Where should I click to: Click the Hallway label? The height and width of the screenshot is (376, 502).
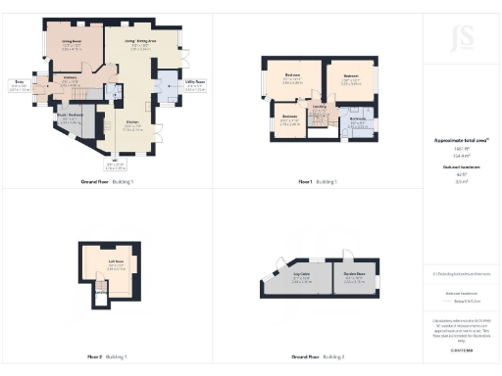click(71, 81)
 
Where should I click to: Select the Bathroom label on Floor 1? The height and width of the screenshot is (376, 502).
click(357, 122)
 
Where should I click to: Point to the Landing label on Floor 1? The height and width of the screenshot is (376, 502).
click(319, 109)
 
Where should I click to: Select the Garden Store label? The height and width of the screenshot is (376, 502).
click(354, 277)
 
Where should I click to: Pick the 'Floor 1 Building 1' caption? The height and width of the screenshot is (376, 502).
click(318, 182)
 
